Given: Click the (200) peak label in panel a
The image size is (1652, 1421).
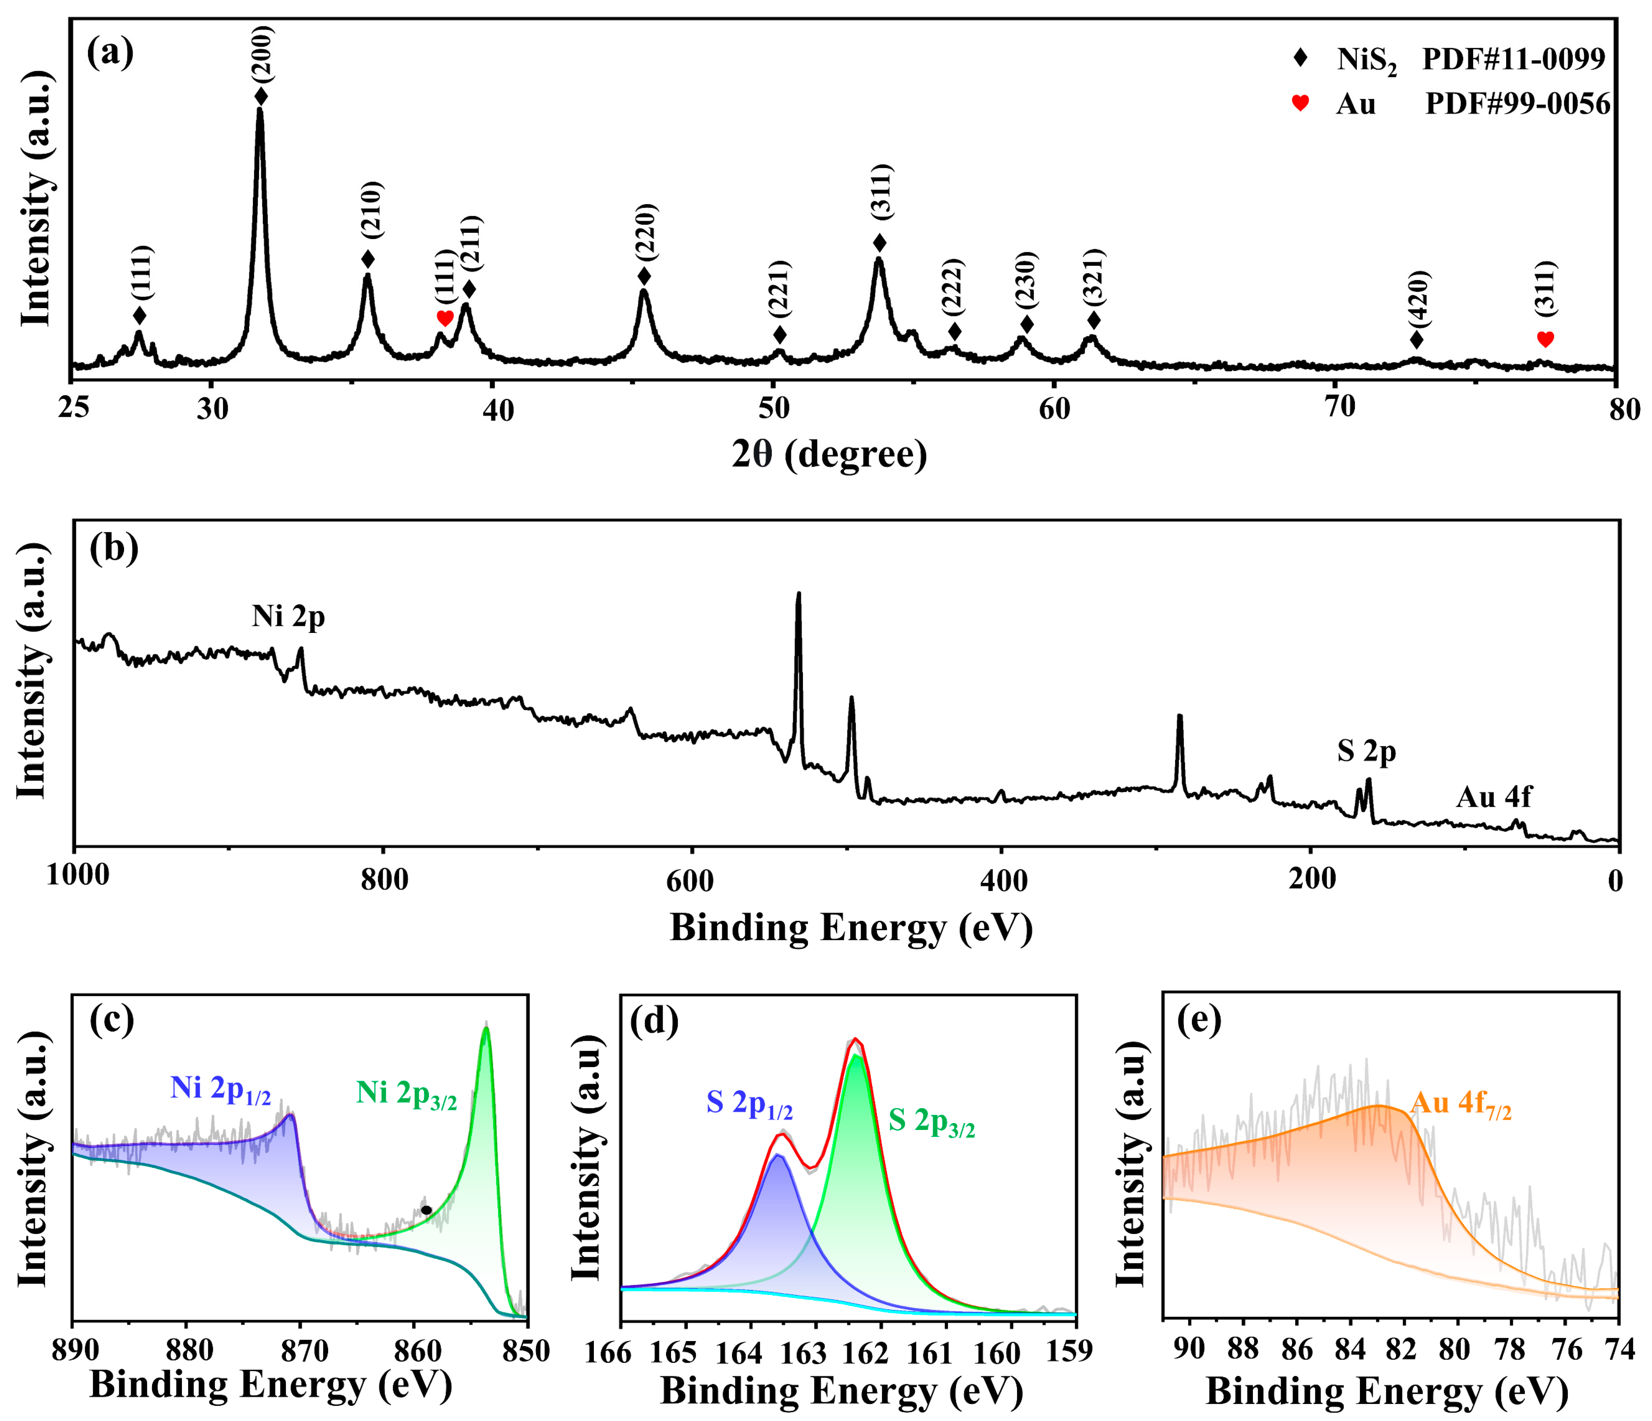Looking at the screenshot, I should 262,54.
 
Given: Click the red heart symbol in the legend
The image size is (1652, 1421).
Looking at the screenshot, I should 1301,103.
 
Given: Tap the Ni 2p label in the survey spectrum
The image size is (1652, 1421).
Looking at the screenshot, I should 289,617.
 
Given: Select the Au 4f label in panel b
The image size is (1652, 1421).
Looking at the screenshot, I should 1493,797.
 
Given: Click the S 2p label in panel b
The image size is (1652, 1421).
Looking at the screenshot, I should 1367,751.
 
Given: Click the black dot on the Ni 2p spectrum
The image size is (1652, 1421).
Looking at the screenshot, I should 427,1210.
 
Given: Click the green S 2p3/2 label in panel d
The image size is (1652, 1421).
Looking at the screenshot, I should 931,1122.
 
